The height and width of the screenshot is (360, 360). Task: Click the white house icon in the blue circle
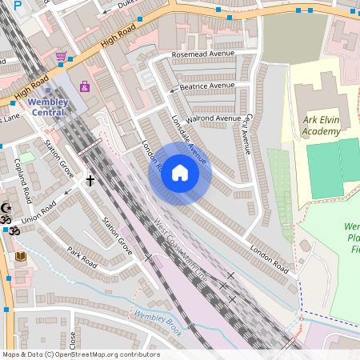[x=180, y=173]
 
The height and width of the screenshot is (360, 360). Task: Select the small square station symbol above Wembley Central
[x=46, y=90]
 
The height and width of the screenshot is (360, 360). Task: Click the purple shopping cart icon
[x=62, y=57]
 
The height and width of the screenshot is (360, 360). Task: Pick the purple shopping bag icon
[x=85, y=86]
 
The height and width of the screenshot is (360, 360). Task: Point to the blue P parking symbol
[x=18, y=5]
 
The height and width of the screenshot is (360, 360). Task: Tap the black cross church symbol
[x=90, y=182]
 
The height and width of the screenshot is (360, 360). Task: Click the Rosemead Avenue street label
[x=204, y=54]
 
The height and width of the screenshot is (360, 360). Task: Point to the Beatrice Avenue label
[x=206, y=86]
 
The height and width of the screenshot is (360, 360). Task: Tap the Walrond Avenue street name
[x=213, y=119]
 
